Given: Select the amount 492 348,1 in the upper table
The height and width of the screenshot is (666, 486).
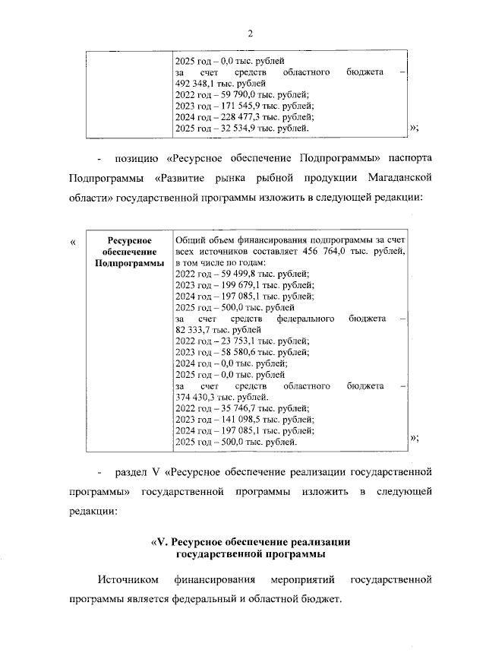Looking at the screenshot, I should (x=196, y=83).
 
